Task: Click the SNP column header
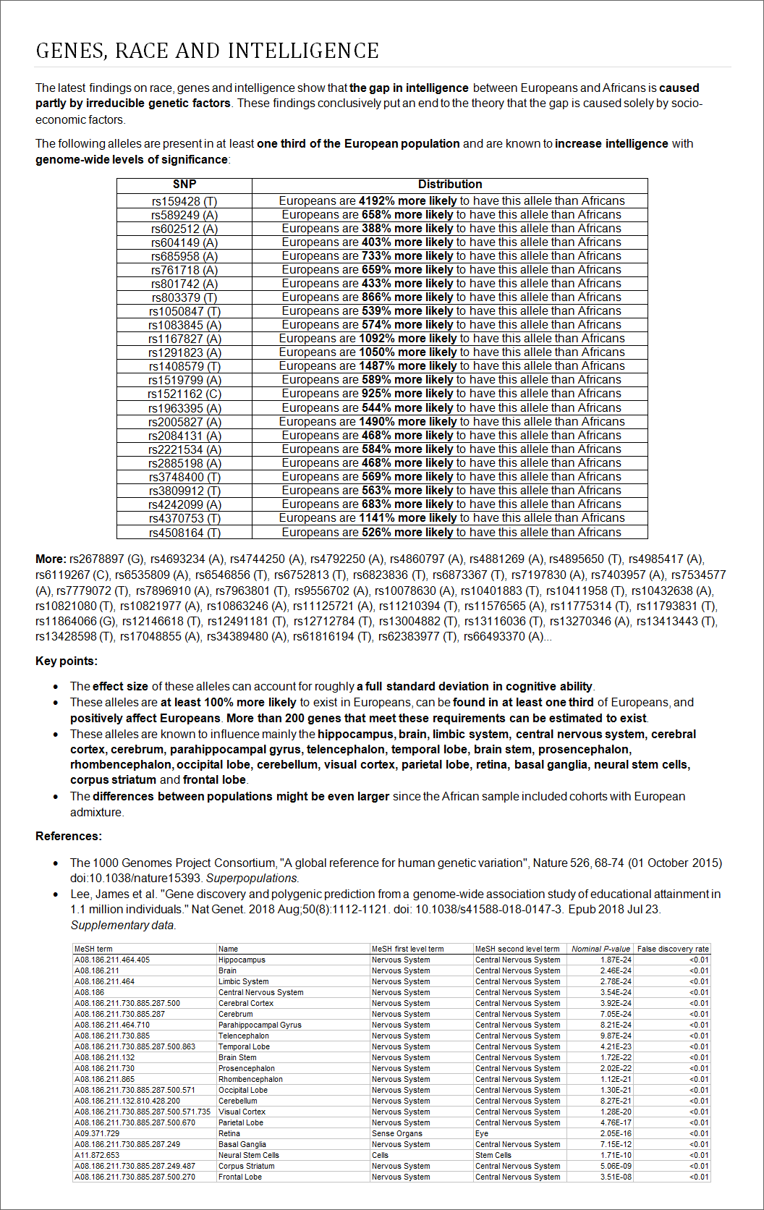point(184,185)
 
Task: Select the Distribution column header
point(450,185)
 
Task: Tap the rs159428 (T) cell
point(184,201)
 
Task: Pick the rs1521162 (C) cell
point(184,394)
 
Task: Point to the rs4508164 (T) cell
point(184,533)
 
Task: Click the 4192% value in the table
point(376,201)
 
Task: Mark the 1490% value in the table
point(376,422)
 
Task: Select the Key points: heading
point(67,661)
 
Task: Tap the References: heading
point(69,836)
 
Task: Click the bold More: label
point(51,559)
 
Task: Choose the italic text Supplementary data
point(123,925)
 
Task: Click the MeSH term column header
point(93,949)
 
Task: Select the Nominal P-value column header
point(600,949)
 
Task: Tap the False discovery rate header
point(673,949)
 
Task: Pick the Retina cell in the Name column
point(229,1133)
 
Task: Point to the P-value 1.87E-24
point(616,960)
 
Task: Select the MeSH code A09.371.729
point(97,1133)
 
